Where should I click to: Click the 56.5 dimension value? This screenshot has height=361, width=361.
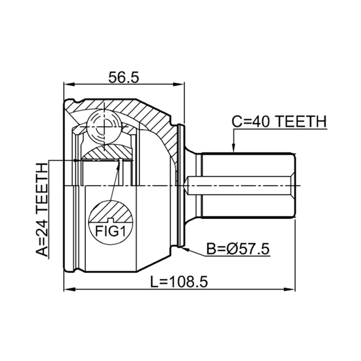pyautogui.click(x=124, y=77)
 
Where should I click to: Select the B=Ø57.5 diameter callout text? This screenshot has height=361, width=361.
pyautogui.click(x=238, y=249)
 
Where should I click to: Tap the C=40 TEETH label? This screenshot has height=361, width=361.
pyautogui.click(x=279, y=121)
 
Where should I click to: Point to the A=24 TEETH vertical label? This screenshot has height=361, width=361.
pyautogui.click(x=42, y=209)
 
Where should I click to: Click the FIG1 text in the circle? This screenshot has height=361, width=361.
pyautogui.click(x=111, y=231)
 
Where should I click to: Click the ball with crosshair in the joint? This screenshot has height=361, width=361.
pyautogui.click(x=104, y=127)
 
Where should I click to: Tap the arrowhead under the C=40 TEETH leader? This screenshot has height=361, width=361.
pyautogui.click(x=233, y=148)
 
